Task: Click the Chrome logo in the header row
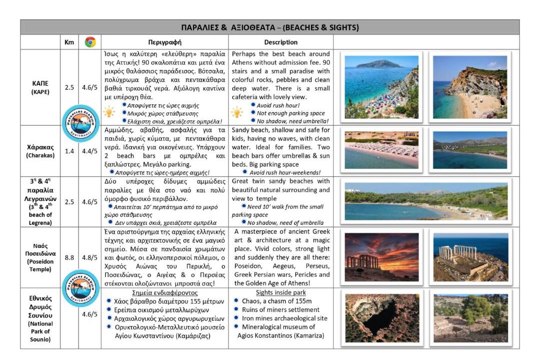(x=90, y=42)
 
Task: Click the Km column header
(x=69, y=42)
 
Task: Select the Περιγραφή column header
(x=164, y=42)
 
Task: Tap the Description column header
(x=280, y=42)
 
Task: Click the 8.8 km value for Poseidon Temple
(x=69, y=257)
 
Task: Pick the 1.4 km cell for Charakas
(x=69, y=151)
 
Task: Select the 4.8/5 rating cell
(x=90, y=257)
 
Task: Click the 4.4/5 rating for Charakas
(x=90, y=151)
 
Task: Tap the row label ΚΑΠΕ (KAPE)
(x=39, y=87)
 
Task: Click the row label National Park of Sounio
(x=39, y=318)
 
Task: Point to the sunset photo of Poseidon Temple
(x=382, y=257)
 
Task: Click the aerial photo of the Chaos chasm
(x=382, y=318)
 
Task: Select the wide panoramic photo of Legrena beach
(x=426, y=201)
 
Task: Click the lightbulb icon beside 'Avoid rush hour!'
(x=236, y=112)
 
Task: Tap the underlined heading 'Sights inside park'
(x=280, y=292)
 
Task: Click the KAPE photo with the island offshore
(x=382, y=87)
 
